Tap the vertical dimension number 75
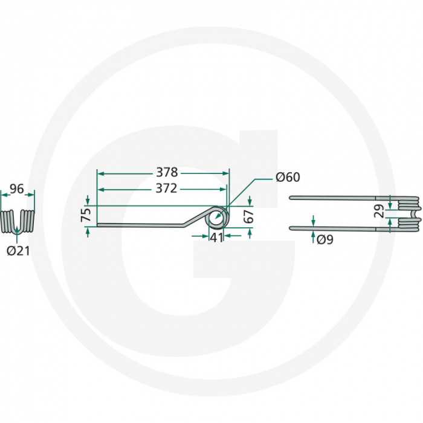(x=85, y=215)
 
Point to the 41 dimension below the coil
(x=216, y=237)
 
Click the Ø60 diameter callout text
(x=287, y=177)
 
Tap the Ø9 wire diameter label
(x=325, y=239)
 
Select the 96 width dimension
(x=17, y=189)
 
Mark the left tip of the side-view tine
(x=98, y=227)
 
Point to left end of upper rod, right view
(x=291, y=198)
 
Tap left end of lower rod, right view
(x=291, y=228)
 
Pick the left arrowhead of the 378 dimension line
(x=100, y=173)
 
